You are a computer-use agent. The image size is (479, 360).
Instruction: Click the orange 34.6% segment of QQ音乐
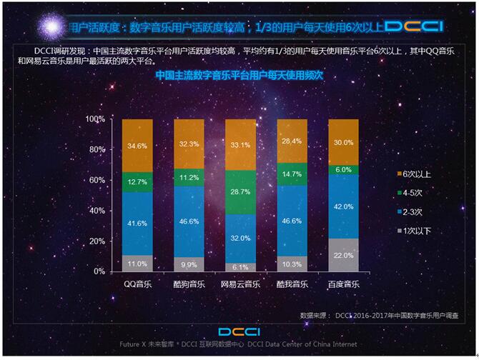(x=137, y=146)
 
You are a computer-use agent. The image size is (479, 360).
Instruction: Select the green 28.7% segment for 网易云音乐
(x=240, y=192)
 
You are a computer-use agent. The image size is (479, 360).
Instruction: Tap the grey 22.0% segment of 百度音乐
(x=343, y=255)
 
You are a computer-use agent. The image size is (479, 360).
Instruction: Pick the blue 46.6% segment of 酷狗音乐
(x=189, y=221)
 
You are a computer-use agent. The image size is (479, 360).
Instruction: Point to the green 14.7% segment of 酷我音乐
(x=292, y=174)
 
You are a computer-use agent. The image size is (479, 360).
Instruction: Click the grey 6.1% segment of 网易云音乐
(x=240, y=266)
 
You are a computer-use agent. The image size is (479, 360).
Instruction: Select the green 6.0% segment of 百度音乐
(x=343, y=169)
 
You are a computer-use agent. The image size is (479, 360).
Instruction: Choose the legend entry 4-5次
(x=414, y=193)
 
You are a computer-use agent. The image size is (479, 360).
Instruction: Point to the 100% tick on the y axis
(x=95, y=119)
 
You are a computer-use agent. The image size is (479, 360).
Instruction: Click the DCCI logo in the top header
(x=413, y=26)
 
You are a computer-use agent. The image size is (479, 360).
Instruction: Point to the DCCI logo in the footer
(x=240, y=332)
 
